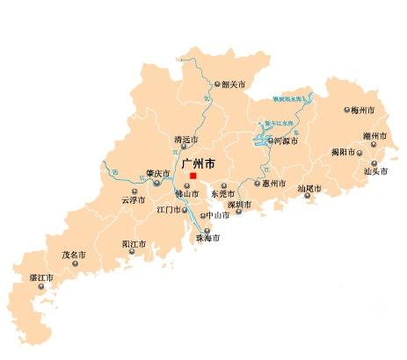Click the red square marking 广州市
[193, 176]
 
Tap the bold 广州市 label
[196, 163]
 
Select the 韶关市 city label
[233, 84]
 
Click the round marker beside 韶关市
[218, 84]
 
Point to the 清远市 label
[185, 140]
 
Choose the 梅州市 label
[362, 112]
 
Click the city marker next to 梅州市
[346, 112]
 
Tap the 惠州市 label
[273, 184]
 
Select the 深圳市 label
[239, 205]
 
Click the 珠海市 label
[207, 237]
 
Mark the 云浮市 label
[130, 200]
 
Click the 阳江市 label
[133, 243]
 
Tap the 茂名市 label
[73, 255]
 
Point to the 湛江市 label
[41, 277]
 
